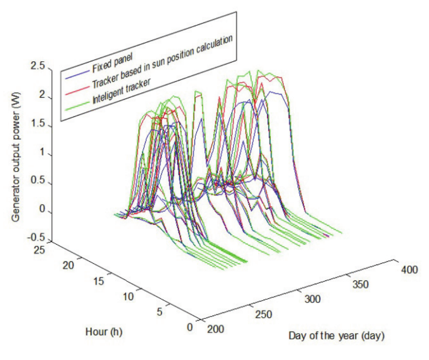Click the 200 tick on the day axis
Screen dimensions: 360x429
215,330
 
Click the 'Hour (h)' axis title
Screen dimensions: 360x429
104,332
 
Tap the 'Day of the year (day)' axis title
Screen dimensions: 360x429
336,336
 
